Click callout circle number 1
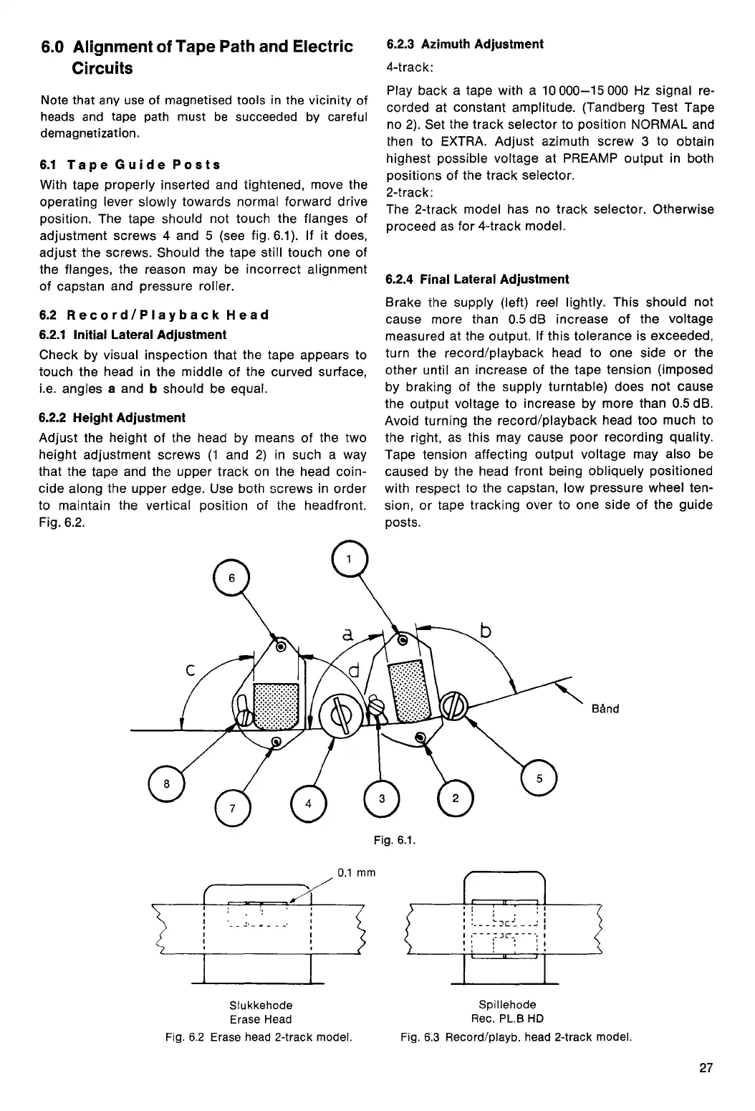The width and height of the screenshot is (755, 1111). (x=350, y=558)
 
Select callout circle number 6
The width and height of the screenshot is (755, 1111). (x=231, y=577)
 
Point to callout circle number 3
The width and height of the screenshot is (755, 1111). (x=382, y=798)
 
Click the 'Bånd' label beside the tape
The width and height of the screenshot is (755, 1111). (x=606, y=709)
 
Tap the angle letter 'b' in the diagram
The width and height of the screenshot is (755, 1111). (x=486, y=631)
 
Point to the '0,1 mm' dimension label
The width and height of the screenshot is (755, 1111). (x=356, y=872)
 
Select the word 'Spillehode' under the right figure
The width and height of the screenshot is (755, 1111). (x=507, y=1005)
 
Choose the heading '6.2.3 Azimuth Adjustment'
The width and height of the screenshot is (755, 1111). (x=465, y=44)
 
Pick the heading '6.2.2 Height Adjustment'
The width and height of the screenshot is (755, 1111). (x=112, y=417)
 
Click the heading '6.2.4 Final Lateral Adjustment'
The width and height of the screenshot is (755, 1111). (x=477, y=279)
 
